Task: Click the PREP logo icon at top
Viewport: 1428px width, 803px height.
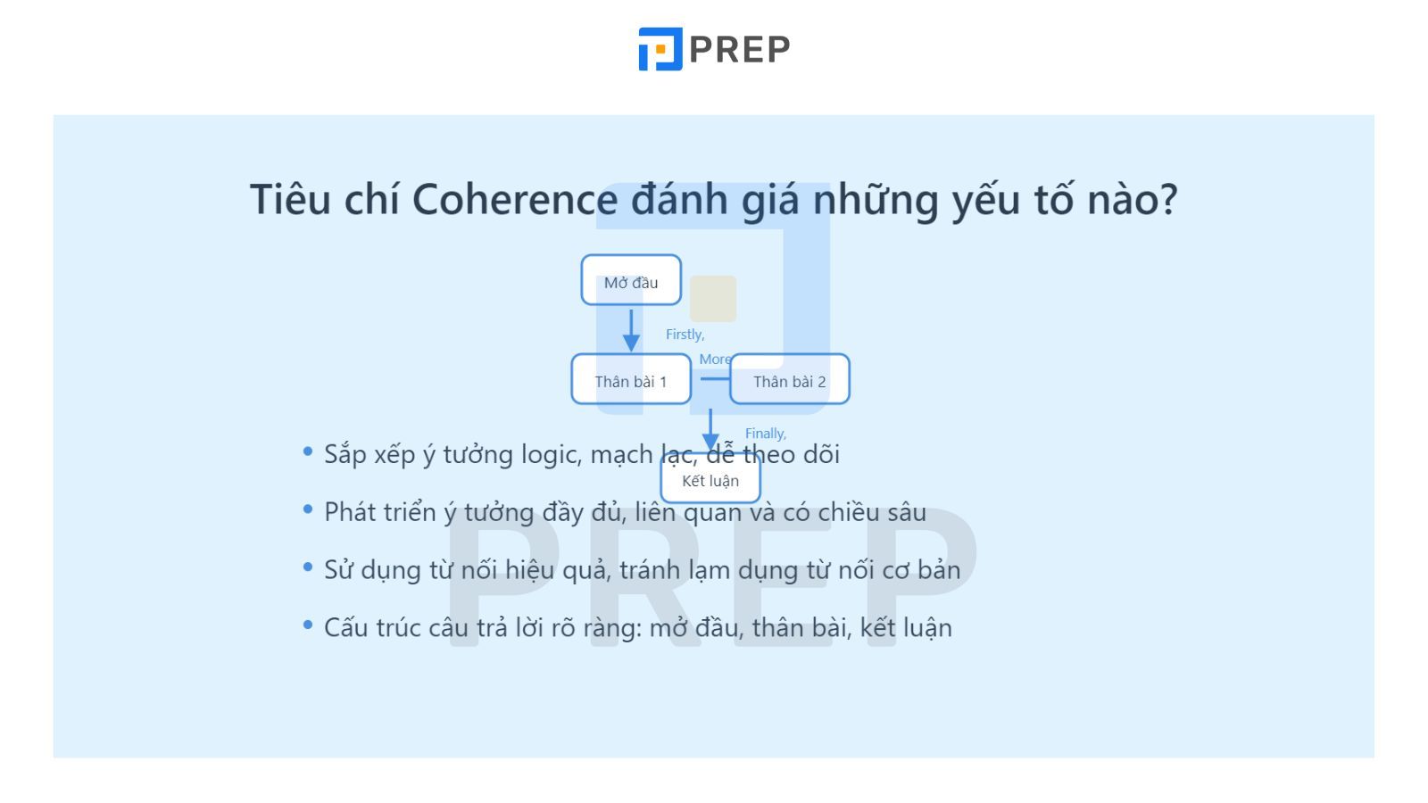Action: pyautogui.click(x=660, y=49)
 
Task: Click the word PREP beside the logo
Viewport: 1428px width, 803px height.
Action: pyautogui.click(x=740, y=50)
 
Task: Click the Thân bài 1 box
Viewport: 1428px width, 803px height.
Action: pyautogui.click(x=631, y=380)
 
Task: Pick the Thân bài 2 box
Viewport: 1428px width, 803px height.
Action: pyautogui.click(x=790, y=380)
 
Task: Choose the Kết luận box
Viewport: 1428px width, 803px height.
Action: pyautogui.click(x=710, y=480)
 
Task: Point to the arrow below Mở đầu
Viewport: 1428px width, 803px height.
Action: pyautogui.click(x=631, y=330)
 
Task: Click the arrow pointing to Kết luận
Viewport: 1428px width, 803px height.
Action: pyautogui.click(x=710, y=430)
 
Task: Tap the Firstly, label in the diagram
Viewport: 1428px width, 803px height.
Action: pyautogui.click(x=685, y=335)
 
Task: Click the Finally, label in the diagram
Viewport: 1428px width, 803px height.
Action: pyautogui.click(x=766, y=434)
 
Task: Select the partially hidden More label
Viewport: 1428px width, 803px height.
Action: pyautogui.click(x=714, y=360)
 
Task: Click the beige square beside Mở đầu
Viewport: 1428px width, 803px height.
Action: pyautogui.click(x=713, y=299)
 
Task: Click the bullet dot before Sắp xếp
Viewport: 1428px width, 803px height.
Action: pyautogui.click(x=308, y=452)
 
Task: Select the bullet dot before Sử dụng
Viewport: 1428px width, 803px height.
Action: pyautogui.click(x=308, y=567)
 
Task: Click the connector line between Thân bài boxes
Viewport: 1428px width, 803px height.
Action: pyautogui.click(x=714, y=378)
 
